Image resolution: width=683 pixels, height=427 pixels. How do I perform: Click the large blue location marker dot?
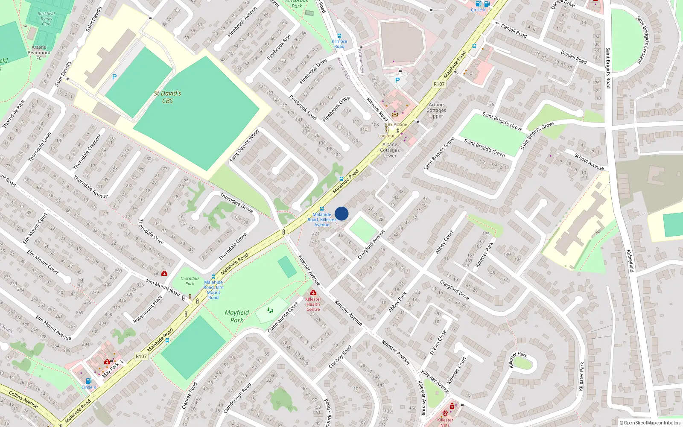tap(341, 213)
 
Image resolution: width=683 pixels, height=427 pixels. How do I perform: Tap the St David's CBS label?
tap(167, 97)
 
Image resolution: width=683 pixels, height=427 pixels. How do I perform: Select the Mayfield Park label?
tap(237, 316)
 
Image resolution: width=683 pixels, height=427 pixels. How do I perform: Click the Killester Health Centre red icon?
tap(313, 292)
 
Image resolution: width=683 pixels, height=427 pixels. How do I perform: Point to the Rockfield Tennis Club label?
tap(46, 19)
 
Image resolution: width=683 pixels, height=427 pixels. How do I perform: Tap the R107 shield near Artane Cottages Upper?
tap(439, 84)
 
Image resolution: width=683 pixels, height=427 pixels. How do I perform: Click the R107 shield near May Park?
tap(141, 356)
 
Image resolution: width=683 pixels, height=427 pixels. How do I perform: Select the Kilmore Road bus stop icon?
tap(339, 36)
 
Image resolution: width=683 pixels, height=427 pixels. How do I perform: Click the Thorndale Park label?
tap(190, 281)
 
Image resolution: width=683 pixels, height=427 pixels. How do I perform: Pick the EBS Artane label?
tap(396, 125)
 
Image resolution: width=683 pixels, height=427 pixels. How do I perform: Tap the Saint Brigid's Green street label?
tap(485, 148)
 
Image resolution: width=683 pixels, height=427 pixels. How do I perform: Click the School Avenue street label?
tap(589, 162)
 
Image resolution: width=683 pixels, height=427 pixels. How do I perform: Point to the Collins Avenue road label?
tap(23, 399)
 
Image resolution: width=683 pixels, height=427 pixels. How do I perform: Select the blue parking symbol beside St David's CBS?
tap(114, 77)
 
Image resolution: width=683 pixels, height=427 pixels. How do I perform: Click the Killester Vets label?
tap(445, 422)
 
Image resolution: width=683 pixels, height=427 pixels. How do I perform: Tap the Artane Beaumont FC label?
tap(39, 53)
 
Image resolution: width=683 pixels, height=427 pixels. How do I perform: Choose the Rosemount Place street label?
tap(148, 309)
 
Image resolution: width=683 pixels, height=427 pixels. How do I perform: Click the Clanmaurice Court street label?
tap(283, 318)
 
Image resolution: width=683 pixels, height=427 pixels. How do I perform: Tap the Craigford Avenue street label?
tap(371, 244)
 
